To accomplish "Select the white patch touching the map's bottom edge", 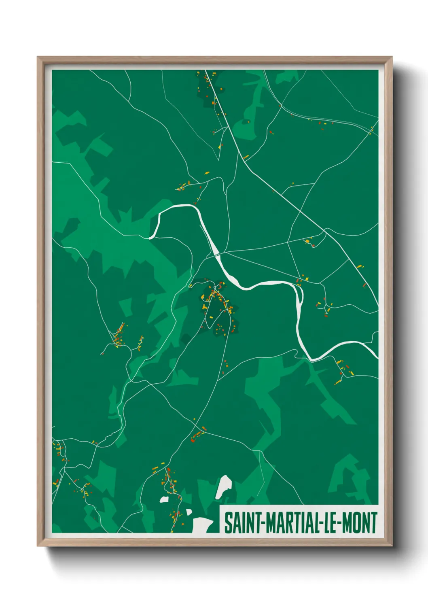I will pyautogui.click(x=202, y=525).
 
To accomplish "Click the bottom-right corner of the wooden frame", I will pyautogui.click(x=392, y=546).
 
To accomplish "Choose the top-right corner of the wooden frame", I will pyautogui.click(x=392, y=57).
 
